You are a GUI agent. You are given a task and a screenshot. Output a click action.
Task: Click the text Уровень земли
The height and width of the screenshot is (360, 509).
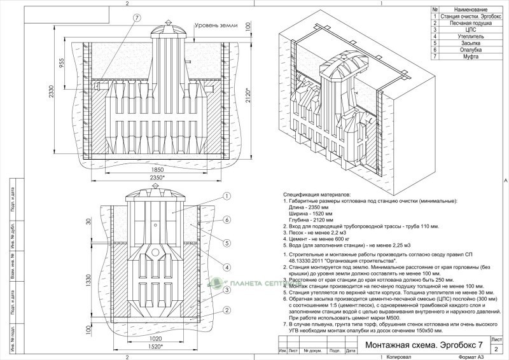216,27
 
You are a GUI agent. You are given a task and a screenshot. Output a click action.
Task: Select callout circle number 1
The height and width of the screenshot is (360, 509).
227,196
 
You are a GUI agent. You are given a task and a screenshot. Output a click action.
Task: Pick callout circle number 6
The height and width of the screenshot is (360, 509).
227,219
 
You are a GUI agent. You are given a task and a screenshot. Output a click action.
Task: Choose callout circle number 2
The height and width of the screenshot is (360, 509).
227,311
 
